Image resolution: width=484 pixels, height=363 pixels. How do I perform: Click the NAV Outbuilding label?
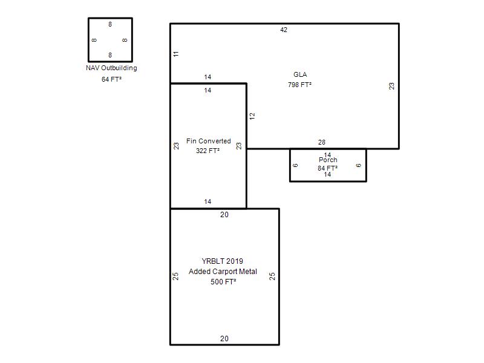[111, 68]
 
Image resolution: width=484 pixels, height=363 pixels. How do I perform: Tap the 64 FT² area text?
[111, 79]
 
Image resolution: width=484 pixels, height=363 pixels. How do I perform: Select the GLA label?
[300, 74]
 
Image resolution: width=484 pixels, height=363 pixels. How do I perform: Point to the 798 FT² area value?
[299, 85]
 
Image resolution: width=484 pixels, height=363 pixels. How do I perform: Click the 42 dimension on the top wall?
[284, 30]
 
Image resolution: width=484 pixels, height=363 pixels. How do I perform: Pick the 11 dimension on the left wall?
[176, 54]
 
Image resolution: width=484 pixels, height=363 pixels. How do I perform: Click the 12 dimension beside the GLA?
[252, 116]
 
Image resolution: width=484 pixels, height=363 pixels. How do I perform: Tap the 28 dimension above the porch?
[322, 142]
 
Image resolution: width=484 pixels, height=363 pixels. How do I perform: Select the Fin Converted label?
[208, 141]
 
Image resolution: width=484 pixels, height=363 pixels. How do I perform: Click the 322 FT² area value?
[208, 151]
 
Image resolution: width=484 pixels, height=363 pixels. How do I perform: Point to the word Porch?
[328, 160]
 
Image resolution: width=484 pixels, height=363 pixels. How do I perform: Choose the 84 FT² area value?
[327, 168]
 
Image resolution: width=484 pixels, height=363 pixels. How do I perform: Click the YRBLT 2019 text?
[222, 261]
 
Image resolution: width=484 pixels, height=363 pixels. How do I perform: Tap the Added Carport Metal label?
[223, 272]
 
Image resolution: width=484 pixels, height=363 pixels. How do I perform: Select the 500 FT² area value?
[223, 282]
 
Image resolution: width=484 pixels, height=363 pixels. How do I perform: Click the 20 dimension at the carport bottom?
[224, 339]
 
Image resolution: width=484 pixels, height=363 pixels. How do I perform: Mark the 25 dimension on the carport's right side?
[272, 276]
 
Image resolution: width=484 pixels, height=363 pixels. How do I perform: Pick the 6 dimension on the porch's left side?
[295, 165]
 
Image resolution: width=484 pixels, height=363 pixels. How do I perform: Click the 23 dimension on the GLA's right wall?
[391, 86]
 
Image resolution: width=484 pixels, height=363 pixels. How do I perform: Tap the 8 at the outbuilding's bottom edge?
[110, 55]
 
